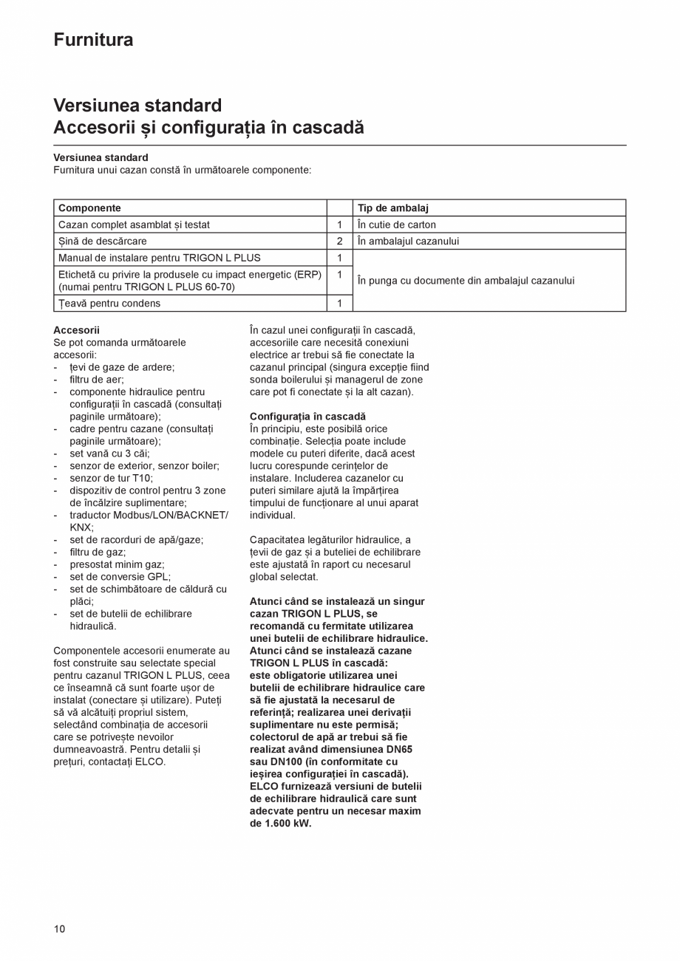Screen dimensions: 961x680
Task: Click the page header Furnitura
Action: click(93, 40)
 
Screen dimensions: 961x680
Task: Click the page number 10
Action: click(59, 928)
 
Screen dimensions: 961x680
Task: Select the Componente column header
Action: click(89, 208)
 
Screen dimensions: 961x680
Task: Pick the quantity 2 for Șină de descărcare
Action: click(339, 241)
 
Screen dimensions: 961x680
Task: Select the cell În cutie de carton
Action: click(396, 225)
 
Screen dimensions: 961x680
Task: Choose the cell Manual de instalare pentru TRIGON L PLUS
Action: click(159, 258)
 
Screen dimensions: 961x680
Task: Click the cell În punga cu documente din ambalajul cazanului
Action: click(465, 281)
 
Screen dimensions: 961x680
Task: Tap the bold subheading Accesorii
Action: click(76, 330)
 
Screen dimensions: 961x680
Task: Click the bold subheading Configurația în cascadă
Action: click(307, 417)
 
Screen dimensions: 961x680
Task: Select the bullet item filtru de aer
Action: click(97, 380)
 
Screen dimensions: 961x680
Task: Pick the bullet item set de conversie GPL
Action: click(120, 577)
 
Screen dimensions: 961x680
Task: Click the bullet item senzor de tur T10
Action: click(111, 478)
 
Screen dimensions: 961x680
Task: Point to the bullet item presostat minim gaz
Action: click(117, 564)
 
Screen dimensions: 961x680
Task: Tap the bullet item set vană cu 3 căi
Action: click(109, 454)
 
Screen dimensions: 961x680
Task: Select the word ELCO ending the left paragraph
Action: click(150, 762)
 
